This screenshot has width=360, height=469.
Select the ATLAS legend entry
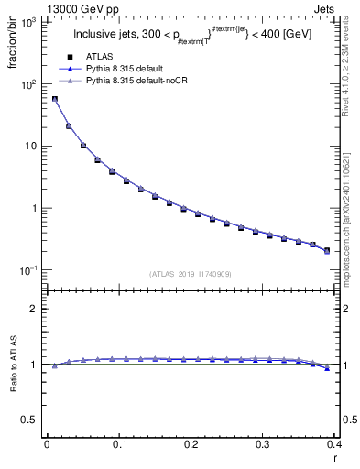point(101,56)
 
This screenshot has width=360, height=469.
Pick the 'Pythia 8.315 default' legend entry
point(125,69)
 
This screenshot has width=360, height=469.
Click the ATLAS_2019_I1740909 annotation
point(189,274)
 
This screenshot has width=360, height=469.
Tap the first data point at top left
point(55,99)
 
